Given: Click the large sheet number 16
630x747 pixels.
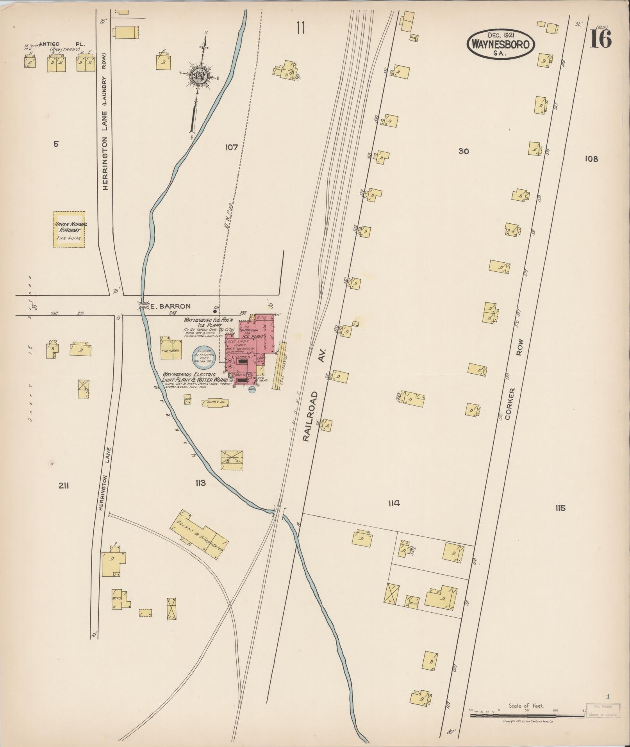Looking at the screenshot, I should (600, 39).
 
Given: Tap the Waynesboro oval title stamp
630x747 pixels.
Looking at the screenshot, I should (500, 44).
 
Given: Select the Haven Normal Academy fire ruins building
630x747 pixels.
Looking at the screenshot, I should (69, 229).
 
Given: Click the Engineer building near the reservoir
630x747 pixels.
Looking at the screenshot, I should (171, 348).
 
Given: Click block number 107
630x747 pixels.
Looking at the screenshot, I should (231, 147).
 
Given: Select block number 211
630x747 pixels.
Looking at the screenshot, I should (64, 485).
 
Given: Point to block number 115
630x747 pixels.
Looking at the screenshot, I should (560, 508).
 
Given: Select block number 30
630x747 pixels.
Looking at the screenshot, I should (464, 151).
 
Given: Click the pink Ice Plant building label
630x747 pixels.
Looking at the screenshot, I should (253, 336).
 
